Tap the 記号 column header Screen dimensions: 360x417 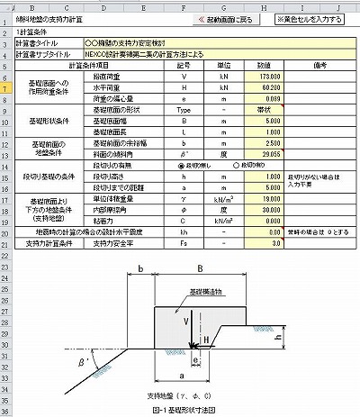[184, 66]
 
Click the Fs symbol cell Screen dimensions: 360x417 [184, 243]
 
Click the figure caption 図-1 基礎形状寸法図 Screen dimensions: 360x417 [181, 411]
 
